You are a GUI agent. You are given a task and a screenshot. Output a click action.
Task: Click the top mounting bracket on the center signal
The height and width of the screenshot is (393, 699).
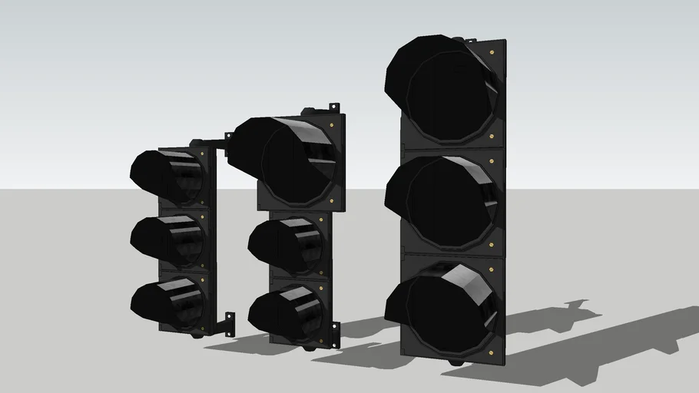pos(334,108)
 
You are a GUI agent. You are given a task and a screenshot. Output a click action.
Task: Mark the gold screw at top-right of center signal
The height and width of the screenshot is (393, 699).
pos(331,124)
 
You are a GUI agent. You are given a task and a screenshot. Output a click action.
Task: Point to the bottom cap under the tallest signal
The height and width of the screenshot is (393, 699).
pos(452,359)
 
